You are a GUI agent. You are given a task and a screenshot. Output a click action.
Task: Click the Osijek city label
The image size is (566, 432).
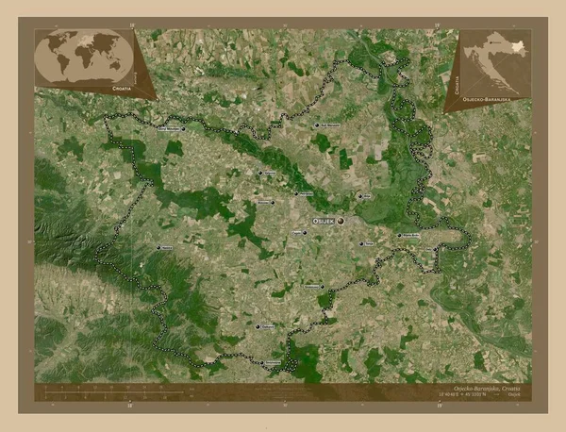point(323,221)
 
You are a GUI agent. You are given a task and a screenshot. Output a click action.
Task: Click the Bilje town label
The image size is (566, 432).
point(368,196)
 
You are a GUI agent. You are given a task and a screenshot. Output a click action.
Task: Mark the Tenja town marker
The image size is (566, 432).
point(361,243)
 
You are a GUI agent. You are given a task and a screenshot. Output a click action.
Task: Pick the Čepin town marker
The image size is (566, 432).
point(305,232)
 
